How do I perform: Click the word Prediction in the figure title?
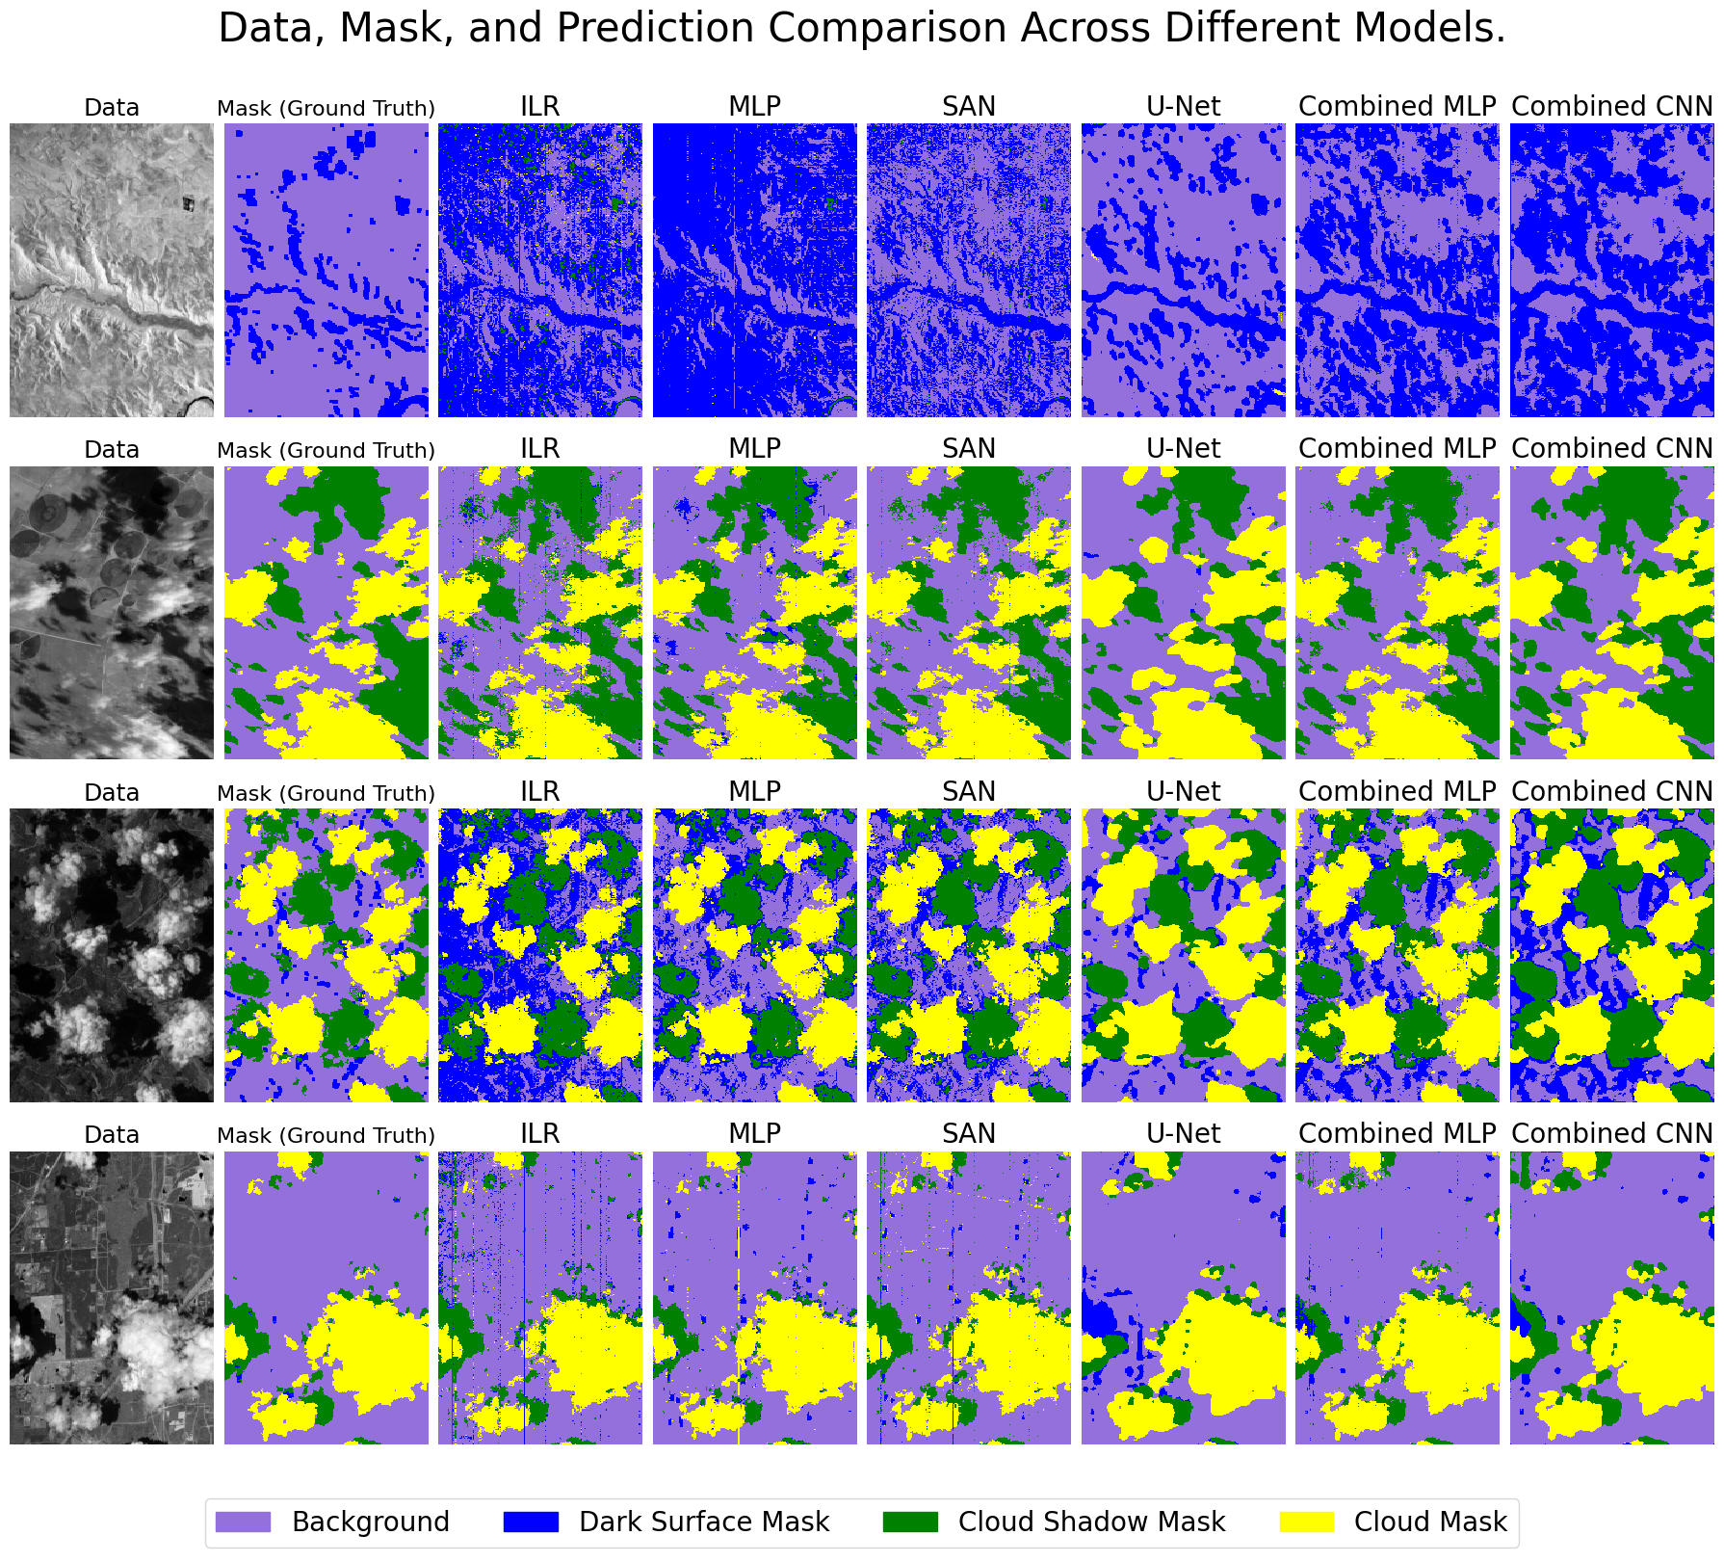pos(655,29)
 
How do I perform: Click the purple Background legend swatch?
pos(243,1522)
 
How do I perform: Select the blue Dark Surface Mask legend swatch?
pos(531,1522)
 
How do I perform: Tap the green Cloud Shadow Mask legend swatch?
pos(910,1522)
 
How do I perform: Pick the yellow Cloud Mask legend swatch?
pos(1307,1522)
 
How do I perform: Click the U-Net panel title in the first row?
pos(1183,107)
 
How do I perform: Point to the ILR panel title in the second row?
pos(539,449)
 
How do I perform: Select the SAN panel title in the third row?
pos(968,792)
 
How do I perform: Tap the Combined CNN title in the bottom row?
pos(1611,1134)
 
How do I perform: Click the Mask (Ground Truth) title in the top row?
pos(326,108)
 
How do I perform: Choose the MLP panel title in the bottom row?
pos(754,1134)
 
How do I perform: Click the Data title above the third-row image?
pos(112,792)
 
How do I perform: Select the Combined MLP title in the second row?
pos(1397,449)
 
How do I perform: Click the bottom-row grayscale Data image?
pos(112,1297)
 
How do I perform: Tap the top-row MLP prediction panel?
pos(754,270)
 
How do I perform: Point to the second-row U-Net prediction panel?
pos(1183,613)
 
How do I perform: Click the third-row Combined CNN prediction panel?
pos(1611,955)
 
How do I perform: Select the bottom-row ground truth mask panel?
pos(326,1297)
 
